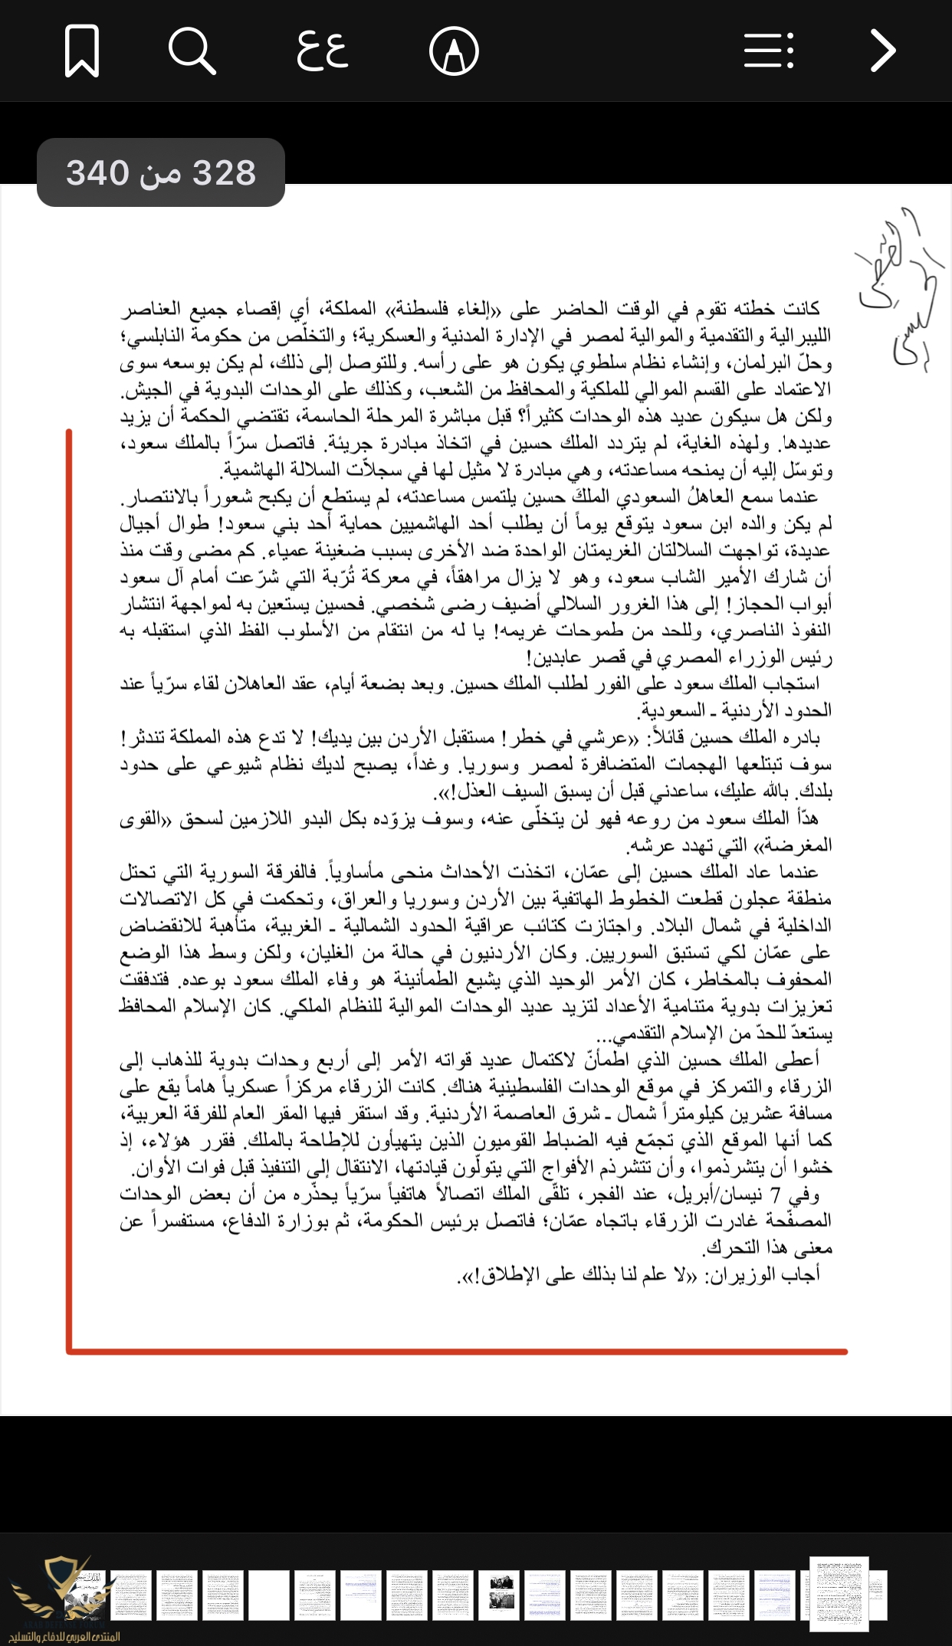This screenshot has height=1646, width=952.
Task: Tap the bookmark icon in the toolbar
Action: (x=82, y=51)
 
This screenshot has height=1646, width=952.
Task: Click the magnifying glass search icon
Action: (x=192, y=51)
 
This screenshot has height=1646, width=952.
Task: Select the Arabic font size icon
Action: (x=323, y=51)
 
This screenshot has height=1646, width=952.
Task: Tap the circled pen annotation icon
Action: (x=454, y=51)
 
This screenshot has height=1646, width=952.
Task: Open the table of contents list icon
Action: (x=769, y=51)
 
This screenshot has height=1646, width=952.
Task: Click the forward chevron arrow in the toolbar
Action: (x=883, y=51)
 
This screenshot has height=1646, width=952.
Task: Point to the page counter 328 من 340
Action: (x=161, y=173)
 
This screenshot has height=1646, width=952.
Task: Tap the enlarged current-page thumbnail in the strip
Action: (x=839, y=1593)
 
